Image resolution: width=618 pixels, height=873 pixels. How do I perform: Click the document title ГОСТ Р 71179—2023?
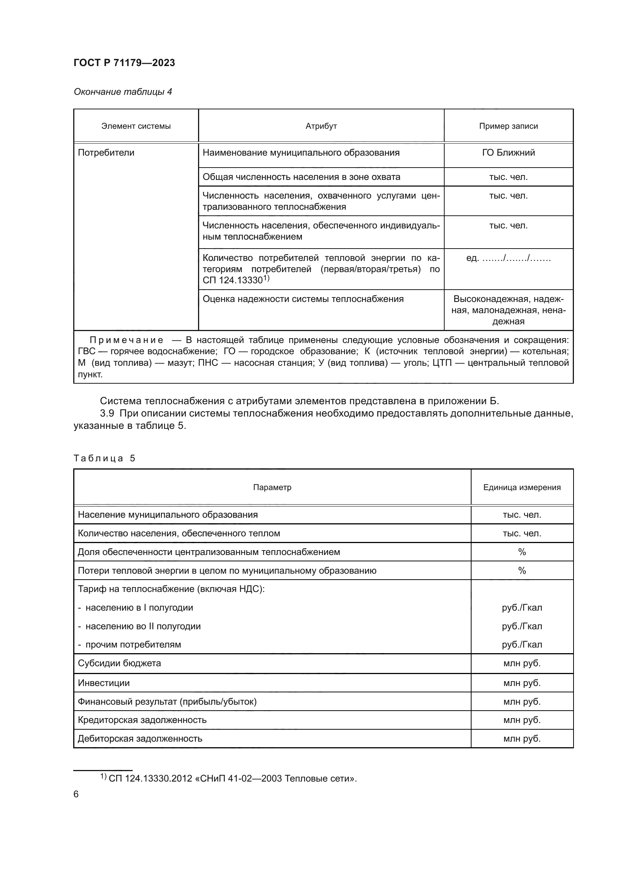(x=124, y=63)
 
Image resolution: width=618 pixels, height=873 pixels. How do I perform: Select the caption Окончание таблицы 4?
(x=123, y=92)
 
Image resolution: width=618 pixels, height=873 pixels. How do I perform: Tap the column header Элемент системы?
(x=136, y=126)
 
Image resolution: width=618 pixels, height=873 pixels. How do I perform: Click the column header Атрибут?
(x=321, y=126)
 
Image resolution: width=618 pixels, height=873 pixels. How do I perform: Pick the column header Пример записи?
(x=508, y=126)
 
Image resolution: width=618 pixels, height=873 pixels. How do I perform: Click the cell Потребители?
(x=106, y=153)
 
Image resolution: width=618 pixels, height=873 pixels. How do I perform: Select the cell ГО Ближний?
(x=508, y=153)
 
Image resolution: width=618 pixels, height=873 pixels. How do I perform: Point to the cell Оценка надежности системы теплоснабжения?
(x=303, y=299)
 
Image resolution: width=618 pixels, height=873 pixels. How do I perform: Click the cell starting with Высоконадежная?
(x=508, y=310)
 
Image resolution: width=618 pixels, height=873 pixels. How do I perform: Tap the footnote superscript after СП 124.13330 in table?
(x=266, y=278)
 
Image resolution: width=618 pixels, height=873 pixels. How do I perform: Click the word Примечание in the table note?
(x=126, y=340)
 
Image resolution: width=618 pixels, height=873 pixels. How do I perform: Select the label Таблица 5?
(x=104, y=458)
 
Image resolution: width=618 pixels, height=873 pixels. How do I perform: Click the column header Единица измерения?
(x=522, y=487)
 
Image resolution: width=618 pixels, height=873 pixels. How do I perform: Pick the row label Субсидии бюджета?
(x=119, y=664)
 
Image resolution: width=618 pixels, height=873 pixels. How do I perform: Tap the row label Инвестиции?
(x=103, y=683)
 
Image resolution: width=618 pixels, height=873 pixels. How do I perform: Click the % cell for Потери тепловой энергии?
(x=522, y=571)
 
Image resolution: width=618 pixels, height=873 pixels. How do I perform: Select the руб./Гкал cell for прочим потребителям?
(x=522, y=645)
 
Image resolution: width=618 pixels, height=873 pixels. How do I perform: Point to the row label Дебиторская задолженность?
(x=140, y=739)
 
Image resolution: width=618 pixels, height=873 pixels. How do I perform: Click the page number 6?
(x=76, y=794)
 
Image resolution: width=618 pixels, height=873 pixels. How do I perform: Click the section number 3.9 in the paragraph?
(x=107, y=413)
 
